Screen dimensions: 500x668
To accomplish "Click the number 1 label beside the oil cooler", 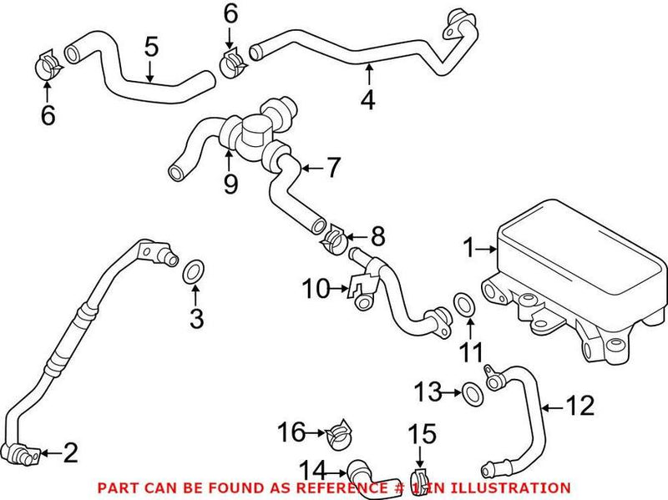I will [469, 248].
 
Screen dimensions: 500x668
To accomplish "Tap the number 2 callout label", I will [70, 453].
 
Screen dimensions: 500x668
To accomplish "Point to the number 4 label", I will [367, 100].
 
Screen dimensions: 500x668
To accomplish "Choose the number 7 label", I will [333, 168].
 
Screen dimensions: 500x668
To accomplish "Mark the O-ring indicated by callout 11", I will [463, 305].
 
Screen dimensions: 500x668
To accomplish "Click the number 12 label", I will [581, 407].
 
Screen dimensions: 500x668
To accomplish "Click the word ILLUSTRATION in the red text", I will [514, 487].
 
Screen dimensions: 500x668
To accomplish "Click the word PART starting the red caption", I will [114, 487].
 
